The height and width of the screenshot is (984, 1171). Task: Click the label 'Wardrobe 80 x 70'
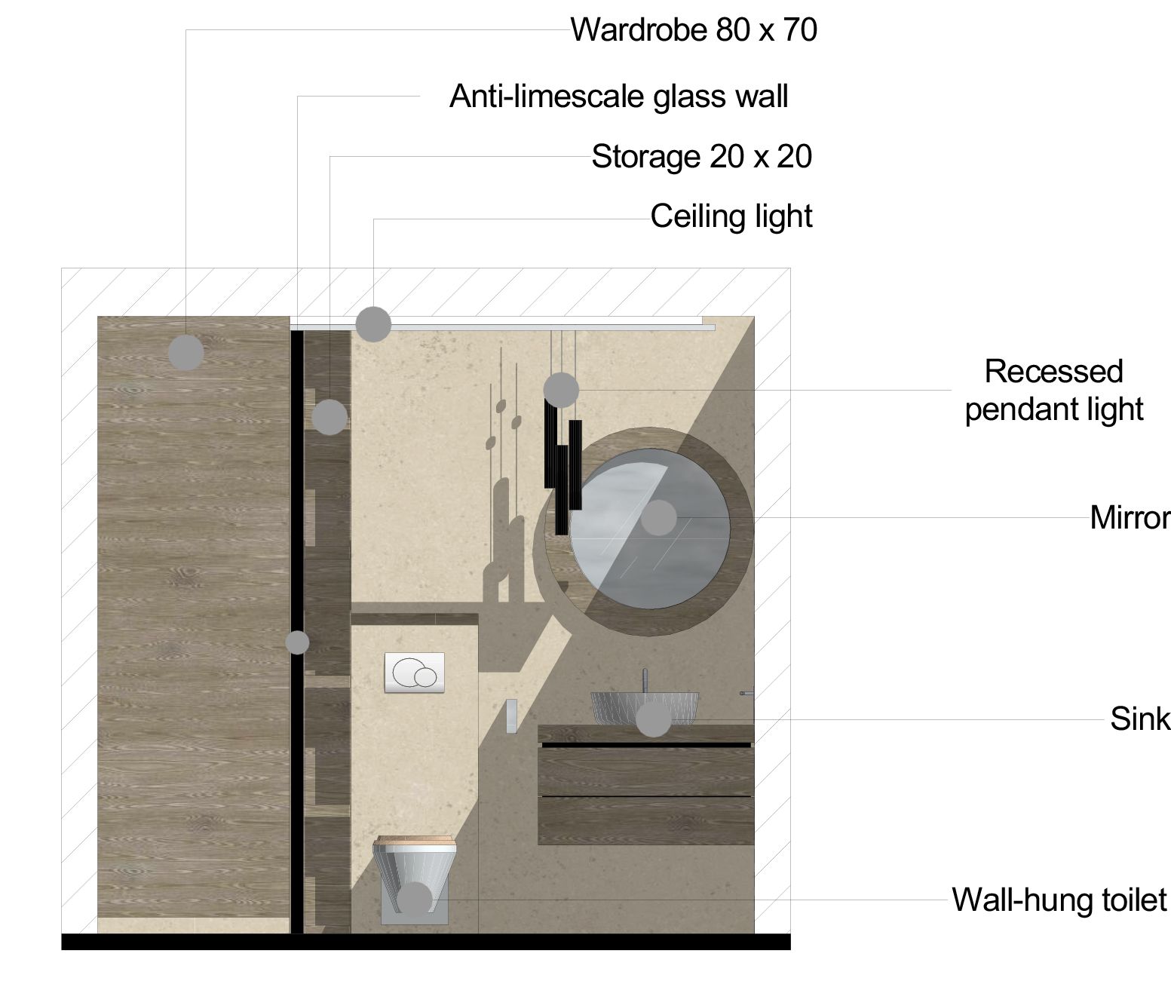[x=694, y=29]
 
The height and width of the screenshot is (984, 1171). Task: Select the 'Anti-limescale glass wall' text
[x=618, y=97]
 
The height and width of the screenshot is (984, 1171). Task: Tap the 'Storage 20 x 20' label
[x=701, y=157]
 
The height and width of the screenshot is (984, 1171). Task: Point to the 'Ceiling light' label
[x=731, y=216]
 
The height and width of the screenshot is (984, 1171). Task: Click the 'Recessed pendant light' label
[x=1054, y=391]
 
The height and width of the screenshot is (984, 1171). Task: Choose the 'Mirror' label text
[x=1130, y=518]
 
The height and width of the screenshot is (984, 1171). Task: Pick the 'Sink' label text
[x=1140, y=719]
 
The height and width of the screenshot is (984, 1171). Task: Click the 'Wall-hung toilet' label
[x=1059, y=900]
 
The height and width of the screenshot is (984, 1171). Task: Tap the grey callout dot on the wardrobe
[x=186, y=352]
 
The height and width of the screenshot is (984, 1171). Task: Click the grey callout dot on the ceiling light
[x=373, y=324]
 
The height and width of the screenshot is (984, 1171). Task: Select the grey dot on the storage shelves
[x=330, y=417]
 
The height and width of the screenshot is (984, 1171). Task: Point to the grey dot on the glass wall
[x=297, y=642]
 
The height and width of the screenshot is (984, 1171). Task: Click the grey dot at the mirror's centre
[x=659, y=518]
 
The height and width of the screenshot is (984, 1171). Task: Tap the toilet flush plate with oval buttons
[x=415, y=672]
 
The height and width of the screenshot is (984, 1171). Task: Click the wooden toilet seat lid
[x=415, y=841]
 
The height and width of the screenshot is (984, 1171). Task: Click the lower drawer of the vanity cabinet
[x=645, y=820]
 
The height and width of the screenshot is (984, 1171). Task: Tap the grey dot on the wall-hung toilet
[x=415, y=900]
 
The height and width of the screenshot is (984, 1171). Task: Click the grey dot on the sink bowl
[x=653, y=719]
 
